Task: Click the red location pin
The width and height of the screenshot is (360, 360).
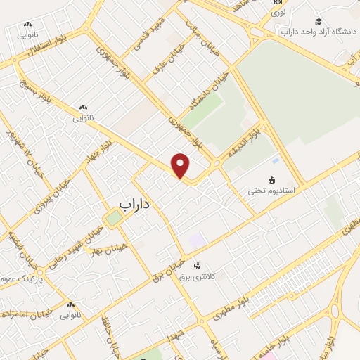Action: point(181,165)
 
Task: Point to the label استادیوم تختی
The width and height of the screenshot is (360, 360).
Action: point(271,191)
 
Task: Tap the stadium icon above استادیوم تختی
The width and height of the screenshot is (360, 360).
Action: point(272,179)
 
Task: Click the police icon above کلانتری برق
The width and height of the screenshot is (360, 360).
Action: point(196,266)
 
